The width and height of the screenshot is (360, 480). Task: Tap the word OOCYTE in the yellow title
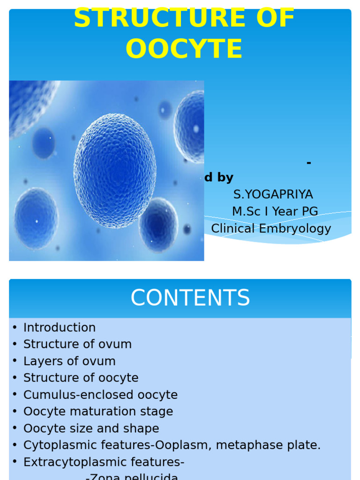(x=184, y=49)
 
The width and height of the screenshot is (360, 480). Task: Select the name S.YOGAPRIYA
(x=273, y=194)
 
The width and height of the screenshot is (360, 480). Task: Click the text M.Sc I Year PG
(x=275, y=211)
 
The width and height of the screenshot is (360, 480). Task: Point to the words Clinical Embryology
(x=271, y=228)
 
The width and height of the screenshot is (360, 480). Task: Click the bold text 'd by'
(x=218, y=178)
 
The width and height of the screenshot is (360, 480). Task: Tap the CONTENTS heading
(x=190, y=298)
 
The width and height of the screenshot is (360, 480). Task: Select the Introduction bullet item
(x=60, y=327)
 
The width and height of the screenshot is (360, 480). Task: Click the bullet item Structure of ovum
(x=77, y=344)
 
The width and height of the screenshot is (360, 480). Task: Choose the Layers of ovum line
(x=69, y=361)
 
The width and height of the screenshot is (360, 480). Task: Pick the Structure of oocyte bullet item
(x=81, y=378)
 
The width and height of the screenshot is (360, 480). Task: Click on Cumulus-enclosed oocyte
(x=100, y=395)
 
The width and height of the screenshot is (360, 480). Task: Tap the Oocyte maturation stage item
(x=98, y=412)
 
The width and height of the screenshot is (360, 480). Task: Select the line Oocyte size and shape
(x=91, y=428)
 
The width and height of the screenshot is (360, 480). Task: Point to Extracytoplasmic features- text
(x=104, y=462)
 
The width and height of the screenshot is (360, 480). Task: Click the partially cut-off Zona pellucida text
(x=132, y=477)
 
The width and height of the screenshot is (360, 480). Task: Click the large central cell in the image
(x=115, y=171)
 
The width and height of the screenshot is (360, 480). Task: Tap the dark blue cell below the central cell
(x=158, y=225)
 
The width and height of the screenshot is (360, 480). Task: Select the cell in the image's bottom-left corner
(x=36, y=218)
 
